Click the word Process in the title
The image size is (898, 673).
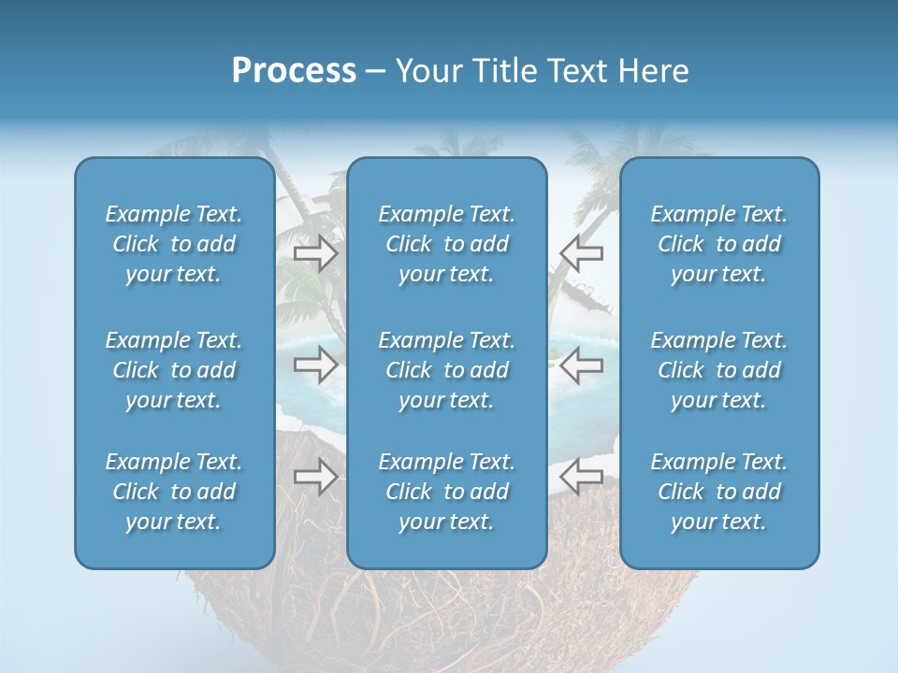[294, 71]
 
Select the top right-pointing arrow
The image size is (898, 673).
[315, 253]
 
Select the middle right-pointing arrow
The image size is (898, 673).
[315, 365]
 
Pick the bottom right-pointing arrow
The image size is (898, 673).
[315, 477]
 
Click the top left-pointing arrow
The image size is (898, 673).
[581, 253]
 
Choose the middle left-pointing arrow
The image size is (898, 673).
[581, 365]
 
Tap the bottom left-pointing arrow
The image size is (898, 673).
[581, 477]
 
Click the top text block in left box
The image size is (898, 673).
[174, 244]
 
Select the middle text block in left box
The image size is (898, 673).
[174, 370]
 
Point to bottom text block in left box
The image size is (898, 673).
[174, 492]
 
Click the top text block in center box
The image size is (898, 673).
[447, 244]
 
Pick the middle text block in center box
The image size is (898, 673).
[447, 370]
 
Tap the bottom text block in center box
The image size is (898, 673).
[447, 492]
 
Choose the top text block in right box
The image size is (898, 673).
[719, 244]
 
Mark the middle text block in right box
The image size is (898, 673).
[719, 370]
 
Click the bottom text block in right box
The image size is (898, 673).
[719, 492]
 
